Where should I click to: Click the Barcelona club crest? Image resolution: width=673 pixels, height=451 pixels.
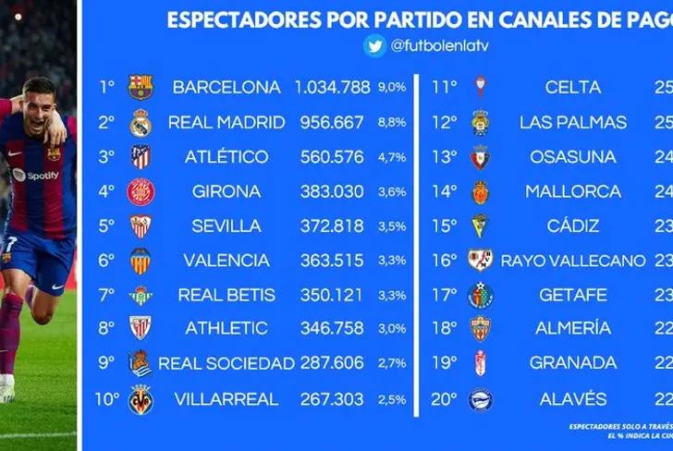pos(141,87)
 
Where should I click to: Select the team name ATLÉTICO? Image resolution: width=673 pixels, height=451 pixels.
pos(226,157)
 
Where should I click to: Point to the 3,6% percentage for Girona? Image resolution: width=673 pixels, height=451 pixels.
pos(392,192)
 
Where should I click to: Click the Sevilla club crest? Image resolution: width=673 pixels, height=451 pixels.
pos(141,226)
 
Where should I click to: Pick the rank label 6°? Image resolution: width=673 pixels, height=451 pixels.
pos(107,261)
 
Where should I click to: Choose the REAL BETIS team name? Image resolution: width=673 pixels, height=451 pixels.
pos(226,295)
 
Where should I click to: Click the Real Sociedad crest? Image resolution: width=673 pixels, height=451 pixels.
pos(141,364)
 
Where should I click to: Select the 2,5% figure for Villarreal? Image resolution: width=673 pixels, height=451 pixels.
pos(392,399)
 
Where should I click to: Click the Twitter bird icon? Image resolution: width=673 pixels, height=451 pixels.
pos(375,45)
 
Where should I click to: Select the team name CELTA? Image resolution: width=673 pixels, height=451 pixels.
pos(572,87)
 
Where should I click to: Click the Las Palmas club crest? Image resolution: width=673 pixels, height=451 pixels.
pos(480,122)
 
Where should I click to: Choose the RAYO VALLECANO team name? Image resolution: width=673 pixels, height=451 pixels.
pos(572,261)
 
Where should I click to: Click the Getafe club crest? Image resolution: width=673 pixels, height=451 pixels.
pos(480,295)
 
